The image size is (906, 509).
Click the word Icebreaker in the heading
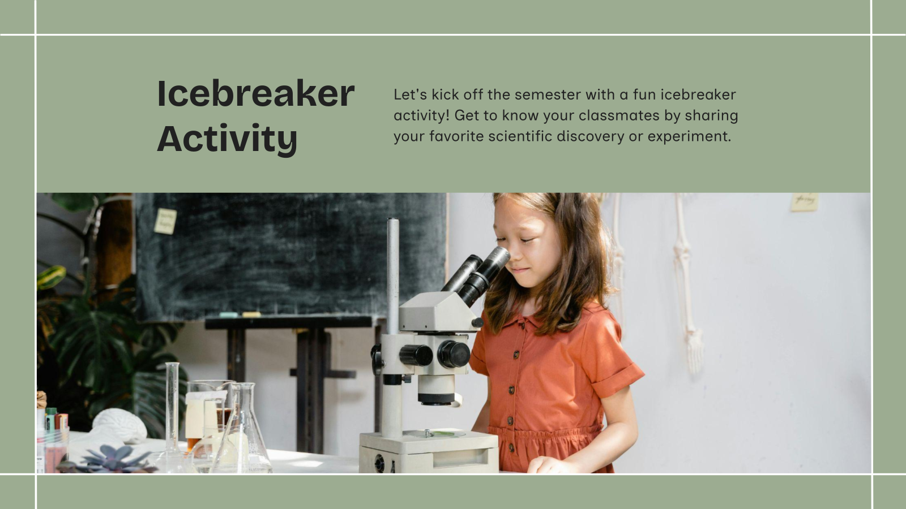click(255, 94)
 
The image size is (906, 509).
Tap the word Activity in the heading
click(227, 139)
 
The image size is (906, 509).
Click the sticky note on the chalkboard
click(165, 221)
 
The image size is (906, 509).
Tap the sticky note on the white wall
click(804, 201)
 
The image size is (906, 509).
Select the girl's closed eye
click(527, 240)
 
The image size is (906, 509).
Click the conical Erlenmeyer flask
click(241, 435)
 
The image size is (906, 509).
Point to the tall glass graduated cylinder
click(172, 407)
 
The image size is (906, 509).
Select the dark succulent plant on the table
click(113, 459)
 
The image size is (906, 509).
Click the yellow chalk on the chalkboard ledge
click(251, 314)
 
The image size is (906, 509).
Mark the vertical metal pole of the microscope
click(392, 271)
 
